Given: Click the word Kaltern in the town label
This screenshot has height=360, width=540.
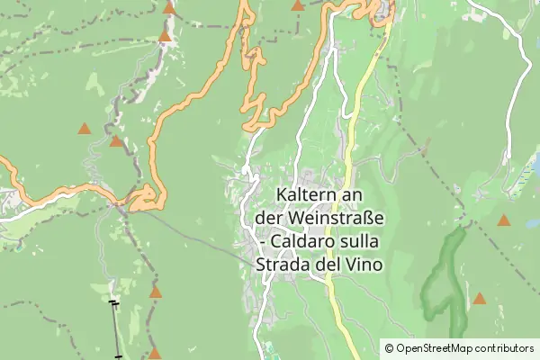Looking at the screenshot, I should pos(306,195).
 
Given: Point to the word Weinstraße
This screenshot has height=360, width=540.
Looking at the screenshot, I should pos(335,219).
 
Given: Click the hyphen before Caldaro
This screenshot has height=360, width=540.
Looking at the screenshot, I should pos(262,243).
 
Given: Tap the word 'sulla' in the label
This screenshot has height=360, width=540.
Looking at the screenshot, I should pos(361,242).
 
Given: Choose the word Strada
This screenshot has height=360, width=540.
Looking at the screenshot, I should pos(285,265).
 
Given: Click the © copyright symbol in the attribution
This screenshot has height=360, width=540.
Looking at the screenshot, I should pos(389,348).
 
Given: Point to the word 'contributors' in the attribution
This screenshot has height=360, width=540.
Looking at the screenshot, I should pos(505,348).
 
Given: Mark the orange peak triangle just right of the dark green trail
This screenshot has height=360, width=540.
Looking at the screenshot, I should pos(480,298).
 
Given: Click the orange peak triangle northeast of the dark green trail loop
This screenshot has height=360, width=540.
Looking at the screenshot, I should pos(504,220).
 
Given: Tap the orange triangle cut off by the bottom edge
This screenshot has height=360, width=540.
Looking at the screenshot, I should pos(155,354).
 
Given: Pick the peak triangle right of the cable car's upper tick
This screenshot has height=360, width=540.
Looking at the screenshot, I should pos(156,292).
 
